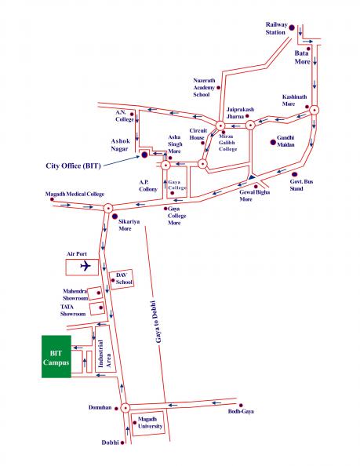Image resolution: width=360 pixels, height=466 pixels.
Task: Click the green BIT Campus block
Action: tap(56, 357)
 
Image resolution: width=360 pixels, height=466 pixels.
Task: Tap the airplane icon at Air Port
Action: tap(85, 265)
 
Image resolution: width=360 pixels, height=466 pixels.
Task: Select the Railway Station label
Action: tap(276, 28)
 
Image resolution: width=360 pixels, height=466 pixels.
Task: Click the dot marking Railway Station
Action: tap(292, 27)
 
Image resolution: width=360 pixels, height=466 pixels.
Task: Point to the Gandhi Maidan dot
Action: tap(273, 142)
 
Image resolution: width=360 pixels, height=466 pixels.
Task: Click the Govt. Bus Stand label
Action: tap(301, 185)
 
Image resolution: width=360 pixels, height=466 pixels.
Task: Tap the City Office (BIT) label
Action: tap(74, 166)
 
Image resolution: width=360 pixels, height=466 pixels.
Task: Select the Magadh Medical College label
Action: tap(75, 194)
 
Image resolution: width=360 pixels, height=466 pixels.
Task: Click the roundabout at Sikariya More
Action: tap(108, 208)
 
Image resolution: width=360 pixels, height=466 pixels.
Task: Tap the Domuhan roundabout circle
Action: tap(125, 408)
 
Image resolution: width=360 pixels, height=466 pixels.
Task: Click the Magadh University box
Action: tap(147, 424)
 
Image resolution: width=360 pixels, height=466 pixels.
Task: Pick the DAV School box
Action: tap(122, 279)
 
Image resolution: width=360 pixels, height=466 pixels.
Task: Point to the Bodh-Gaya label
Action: tap(241, 412)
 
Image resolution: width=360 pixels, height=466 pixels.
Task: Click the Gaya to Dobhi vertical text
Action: tap(158, 322)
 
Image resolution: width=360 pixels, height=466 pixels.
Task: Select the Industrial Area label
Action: tap(104, 354)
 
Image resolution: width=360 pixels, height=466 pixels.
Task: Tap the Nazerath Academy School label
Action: tap(204, 87)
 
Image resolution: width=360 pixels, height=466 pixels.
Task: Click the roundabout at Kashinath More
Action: tap(314, 110)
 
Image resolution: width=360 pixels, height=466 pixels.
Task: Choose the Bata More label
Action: tap(303, 57)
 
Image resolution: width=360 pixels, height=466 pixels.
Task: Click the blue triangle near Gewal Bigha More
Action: tap(252, 177)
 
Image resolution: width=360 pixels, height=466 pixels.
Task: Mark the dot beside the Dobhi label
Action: tap(122, 442)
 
